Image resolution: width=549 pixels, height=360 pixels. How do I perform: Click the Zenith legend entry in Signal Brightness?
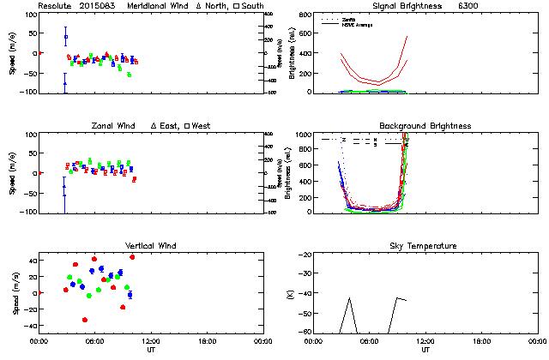350,18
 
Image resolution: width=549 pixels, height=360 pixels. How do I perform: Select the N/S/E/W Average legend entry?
357,23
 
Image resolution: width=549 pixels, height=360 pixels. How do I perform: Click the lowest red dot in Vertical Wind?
84,320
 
